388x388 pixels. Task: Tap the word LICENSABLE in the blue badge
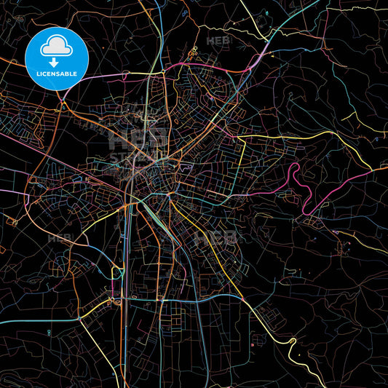pos(56,74)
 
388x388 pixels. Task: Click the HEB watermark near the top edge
pos(219,41)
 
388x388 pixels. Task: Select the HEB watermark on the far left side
pos(60,238)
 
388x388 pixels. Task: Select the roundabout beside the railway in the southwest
pos(116,298)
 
